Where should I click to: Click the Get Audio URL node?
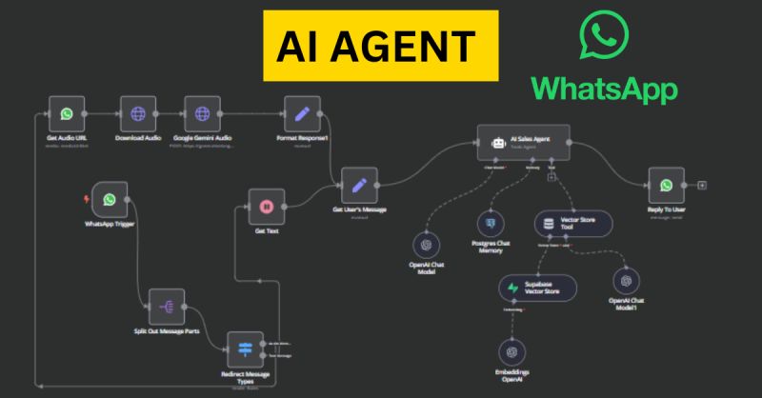pos(66,114)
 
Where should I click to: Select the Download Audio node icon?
pos(138,114)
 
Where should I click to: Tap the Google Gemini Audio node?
pos(202,114)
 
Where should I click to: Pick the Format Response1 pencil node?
pos(302,114)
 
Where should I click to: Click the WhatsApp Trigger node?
pos(110,200)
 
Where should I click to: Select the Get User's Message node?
pos(359,186)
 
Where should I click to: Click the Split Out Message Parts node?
pos(166,307)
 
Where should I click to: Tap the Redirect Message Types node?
pos(244,349)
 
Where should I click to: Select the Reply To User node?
pos(666,186)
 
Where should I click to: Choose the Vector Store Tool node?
pos(572,225)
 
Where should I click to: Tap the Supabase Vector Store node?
pos(538,288)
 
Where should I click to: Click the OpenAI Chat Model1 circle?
pos(626,281)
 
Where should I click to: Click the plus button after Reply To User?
pos(702,186)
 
